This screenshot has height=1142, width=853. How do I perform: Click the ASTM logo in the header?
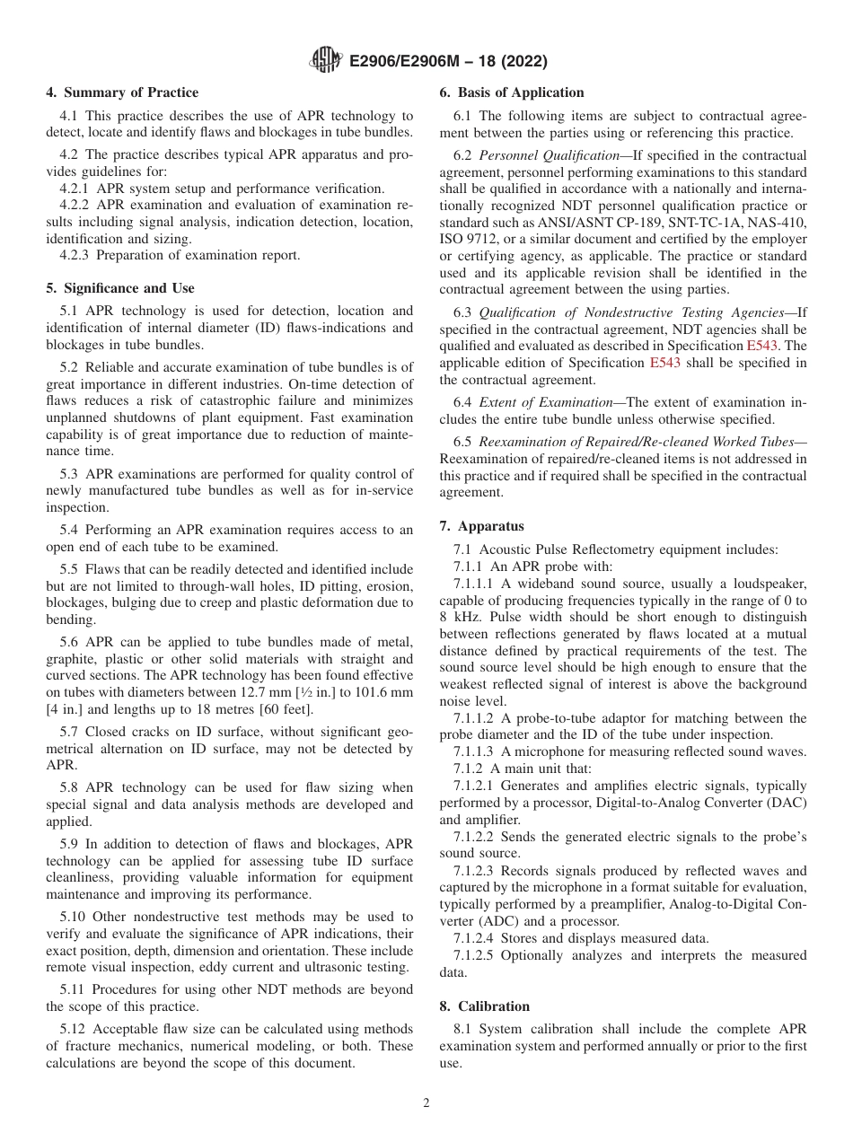pos(325,61)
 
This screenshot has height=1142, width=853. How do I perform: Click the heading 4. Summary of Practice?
pos(122,92)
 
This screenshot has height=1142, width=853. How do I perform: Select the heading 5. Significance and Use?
pos(120,288)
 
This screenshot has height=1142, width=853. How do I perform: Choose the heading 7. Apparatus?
pos(482,526)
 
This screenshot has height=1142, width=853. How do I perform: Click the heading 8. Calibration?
pos(485,1006)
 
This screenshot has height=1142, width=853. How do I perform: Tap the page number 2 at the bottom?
pos(426,1103)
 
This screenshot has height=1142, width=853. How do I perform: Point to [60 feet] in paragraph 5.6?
pos(283,685)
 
